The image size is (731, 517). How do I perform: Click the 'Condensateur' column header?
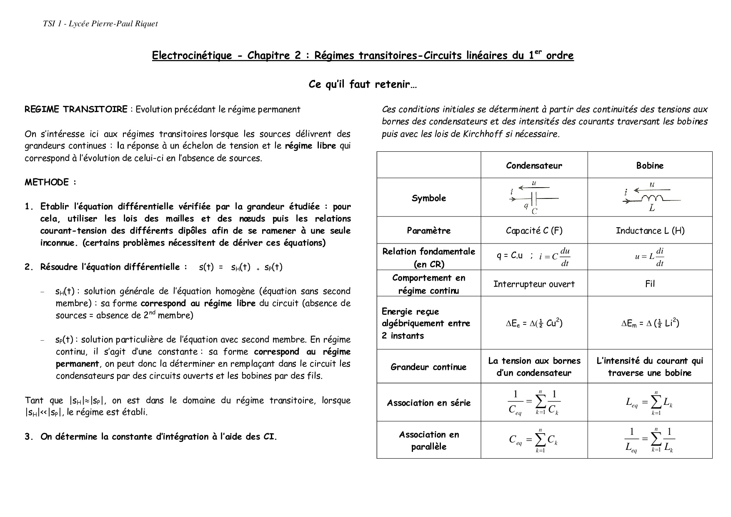click(534, 166)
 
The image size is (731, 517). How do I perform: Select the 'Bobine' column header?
click(650, 166)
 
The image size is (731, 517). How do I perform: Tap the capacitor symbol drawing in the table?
click(533, 198)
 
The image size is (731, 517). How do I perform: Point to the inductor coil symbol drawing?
click(651, 198)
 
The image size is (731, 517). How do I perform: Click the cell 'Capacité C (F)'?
click(534, 231)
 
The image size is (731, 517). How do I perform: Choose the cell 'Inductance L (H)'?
click(650, 231)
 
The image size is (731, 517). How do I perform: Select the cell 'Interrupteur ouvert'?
click(534, 284)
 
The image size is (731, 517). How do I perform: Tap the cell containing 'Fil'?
click(650, 284)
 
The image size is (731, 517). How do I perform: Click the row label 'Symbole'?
click(429, 198)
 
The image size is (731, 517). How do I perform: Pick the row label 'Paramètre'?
click(429, 231)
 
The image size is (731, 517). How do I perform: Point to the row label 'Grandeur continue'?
click(429, 367)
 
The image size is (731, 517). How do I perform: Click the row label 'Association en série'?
click(429, 403)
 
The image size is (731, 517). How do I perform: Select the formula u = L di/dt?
click(650, 257)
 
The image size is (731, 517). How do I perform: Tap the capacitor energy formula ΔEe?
click(534, 323)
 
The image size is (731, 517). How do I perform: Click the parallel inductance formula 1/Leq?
click(650, 440)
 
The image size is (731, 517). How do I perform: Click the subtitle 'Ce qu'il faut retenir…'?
click(363, 85)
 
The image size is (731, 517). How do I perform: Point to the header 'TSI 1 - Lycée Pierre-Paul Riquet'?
click(100, 24)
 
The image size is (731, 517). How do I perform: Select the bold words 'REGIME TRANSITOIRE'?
click(76, 110)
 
